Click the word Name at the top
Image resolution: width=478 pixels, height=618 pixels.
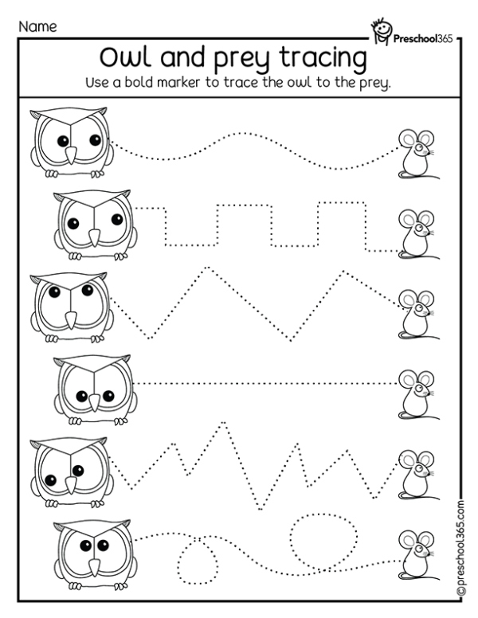37,26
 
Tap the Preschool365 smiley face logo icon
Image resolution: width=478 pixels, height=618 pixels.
382,29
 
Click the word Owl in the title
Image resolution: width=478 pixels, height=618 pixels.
130,60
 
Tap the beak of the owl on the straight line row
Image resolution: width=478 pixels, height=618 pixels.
96,399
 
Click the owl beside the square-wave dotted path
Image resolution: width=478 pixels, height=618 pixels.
92,226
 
